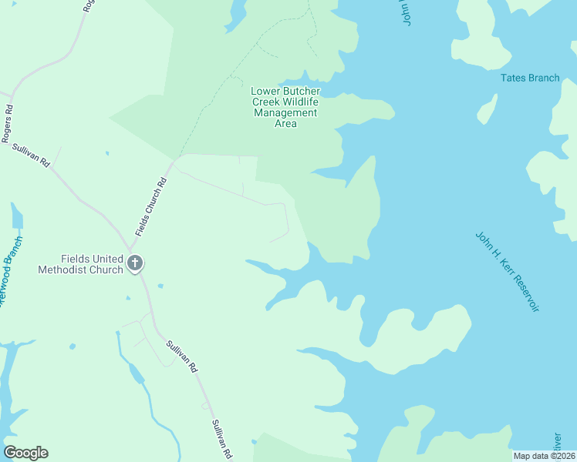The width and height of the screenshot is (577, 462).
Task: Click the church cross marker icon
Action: [135, 264]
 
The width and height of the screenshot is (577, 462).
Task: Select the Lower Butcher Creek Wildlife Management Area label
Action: [285, 107]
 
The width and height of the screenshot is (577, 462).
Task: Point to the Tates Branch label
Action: [530, 78]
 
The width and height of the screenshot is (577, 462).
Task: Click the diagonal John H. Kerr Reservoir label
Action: [507, 271]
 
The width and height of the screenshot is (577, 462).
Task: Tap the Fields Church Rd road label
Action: [150, 208]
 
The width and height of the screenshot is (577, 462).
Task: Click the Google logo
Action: [25, 453]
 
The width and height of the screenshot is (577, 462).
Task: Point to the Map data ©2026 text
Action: [544, 456]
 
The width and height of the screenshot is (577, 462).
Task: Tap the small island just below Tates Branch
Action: [487, 110]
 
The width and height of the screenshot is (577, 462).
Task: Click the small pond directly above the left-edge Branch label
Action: [16, 216]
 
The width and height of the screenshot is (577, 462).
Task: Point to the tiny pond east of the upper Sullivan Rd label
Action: [106, 153]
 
